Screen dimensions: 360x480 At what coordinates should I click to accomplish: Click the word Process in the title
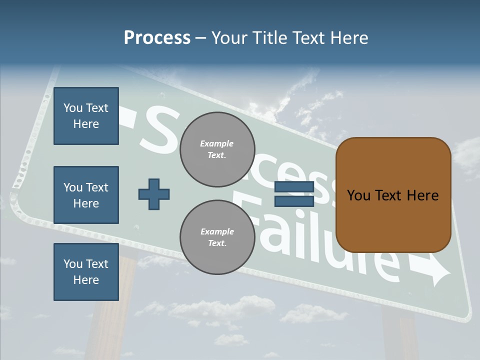point(157,38)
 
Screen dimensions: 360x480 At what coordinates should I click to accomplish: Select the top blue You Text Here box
point(86,116)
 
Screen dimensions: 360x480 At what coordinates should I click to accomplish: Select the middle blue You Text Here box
point(86,195)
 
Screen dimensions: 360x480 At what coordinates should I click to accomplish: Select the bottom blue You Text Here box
point(86,272)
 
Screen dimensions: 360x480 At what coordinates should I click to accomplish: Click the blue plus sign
point(154,194)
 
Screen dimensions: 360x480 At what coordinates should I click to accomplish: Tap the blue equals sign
point(294,194)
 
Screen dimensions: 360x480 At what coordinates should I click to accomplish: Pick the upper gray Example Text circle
point(217,149)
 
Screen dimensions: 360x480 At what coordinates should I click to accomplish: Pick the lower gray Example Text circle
point(217,237)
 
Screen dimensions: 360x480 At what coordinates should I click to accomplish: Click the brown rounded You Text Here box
point(393,195)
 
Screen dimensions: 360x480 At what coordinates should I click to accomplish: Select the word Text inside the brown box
point(392,195)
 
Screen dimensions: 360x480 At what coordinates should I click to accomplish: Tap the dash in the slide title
point(200,38)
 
